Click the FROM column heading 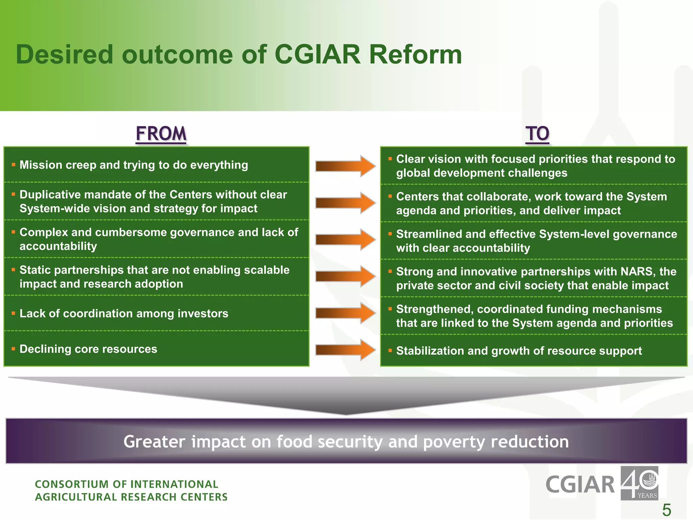161,133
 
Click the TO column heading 537,133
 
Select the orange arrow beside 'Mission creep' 345,166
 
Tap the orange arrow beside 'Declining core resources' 345,350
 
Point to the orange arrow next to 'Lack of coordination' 345,313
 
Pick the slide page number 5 666,510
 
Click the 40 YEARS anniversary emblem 639,483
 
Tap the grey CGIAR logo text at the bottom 580,485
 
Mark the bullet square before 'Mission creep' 14,165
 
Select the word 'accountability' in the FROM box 58,246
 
